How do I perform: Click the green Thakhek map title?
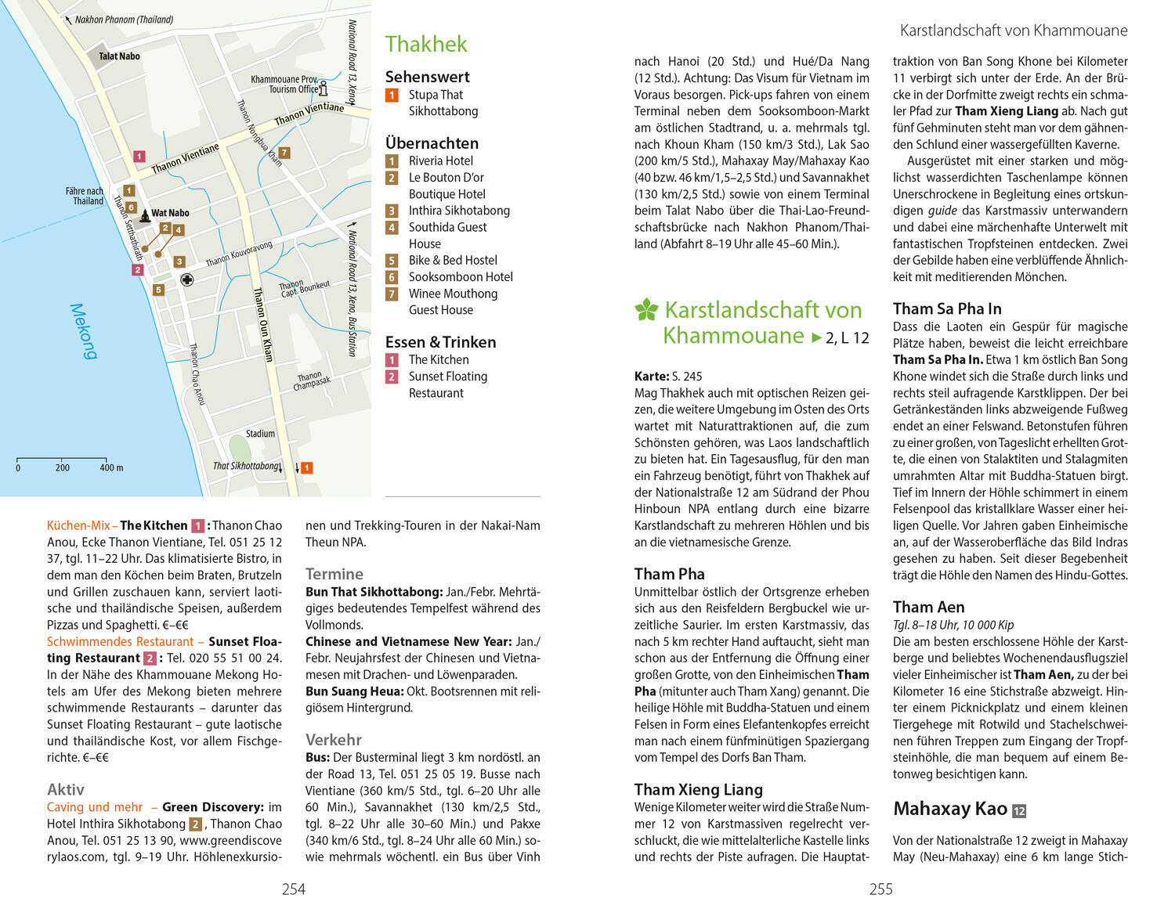(426, 45)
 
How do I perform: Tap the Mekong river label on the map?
(83, 331)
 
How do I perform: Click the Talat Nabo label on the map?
(119, 56)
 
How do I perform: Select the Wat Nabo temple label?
(169, 213)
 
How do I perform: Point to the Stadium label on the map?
(260, 434)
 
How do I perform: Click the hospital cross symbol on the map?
(186, 280)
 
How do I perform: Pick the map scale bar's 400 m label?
(111, 468)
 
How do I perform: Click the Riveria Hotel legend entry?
(440, 160)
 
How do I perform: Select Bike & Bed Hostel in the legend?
(452, 260)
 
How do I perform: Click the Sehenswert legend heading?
(427, 77)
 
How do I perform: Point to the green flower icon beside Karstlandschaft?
(646, 310)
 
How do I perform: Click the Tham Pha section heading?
(669, 574)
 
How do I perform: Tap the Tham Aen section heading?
(928, 607)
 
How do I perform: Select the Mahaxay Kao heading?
(949, 809)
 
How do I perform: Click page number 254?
(294, 889)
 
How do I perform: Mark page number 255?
(880, 889)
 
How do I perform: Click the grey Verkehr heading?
(334, 740)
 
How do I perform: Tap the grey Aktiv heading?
(66, 789)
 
